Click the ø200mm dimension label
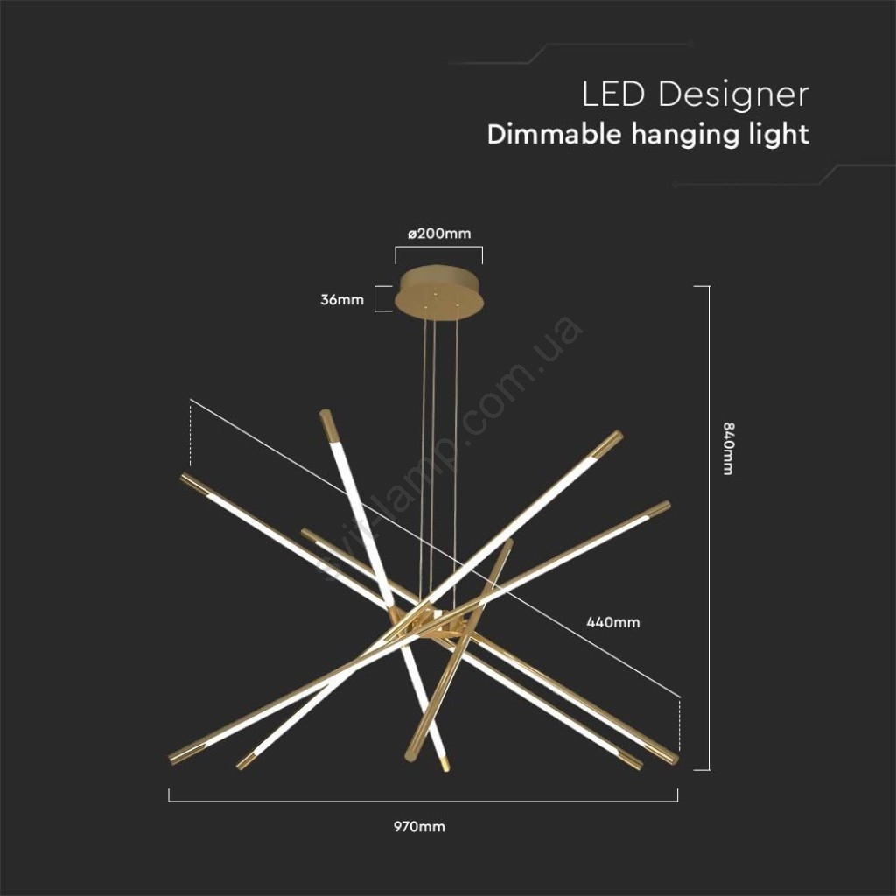(x=439, y=233)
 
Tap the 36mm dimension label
(x=342, y=299)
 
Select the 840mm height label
(x=727, y=449)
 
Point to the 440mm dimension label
(x=613, y=622)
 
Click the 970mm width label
(x=419, y=826)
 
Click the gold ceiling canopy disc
(x=439, y=290)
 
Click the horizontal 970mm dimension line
(x=423, y=801)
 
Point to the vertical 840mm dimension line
(x=709, y=528)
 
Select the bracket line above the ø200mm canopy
(x=439, y=248)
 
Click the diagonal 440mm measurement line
(x=436, y=549)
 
